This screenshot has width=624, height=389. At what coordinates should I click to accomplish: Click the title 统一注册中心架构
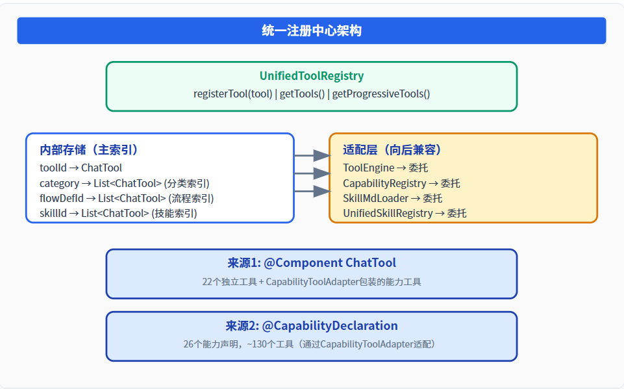click(x=312, y=31)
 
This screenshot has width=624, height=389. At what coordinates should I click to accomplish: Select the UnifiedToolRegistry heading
click(x=312, y=75)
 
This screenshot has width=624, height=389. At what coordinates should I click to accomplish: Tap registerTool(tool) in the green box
click(x=233, y=94)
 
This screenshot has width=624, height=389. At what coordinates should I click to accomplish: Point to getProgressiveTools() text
click(x=381, y=94)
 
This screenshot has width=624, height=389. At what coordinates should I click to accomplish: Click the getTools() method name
click(x=303, y=94)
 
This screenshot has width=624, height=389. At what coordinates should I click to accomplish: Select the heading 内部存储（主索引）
click(x=88, y=150)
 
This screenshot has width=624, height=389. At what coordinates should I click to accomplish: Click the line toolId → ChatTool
click(x=81, y=168)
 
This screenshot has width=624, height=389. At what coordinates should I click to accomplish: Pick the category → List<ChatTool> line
click(x=125, y=183)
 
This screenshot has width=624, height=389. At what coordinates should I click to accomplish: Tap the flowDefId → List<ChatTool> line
click(x=127, y=198)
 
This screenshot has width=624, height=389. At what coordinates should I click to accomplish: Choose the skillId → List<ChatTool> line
click(x=118, y=214)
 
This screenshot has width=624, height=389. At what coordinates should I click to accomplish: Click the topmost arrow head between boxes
click(x=322, y=156)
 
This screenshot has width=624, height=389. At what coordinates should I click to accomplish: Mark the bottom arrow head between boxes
click(x=322, y=191)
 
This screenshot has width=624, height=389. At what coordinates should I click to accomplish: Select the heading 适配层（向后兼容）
click(x=392, y=150)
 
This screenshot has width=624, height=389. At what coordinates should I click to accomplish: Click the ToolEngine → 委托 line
click(x=386, y=168)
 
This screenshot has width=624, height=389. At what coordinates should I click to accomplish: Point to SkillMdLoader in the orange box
click(x=376, y=198)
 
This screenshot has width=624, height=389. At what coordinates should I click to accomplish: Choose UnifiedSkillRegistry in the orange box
click(x=388, y=214)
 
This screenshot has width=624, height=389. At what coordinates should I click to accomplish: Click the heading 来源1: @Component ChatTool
click(x=312, y=263)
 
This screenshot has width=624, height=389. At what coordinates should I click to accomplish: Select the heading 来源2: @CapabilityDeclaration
click(x=312, y=326)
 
